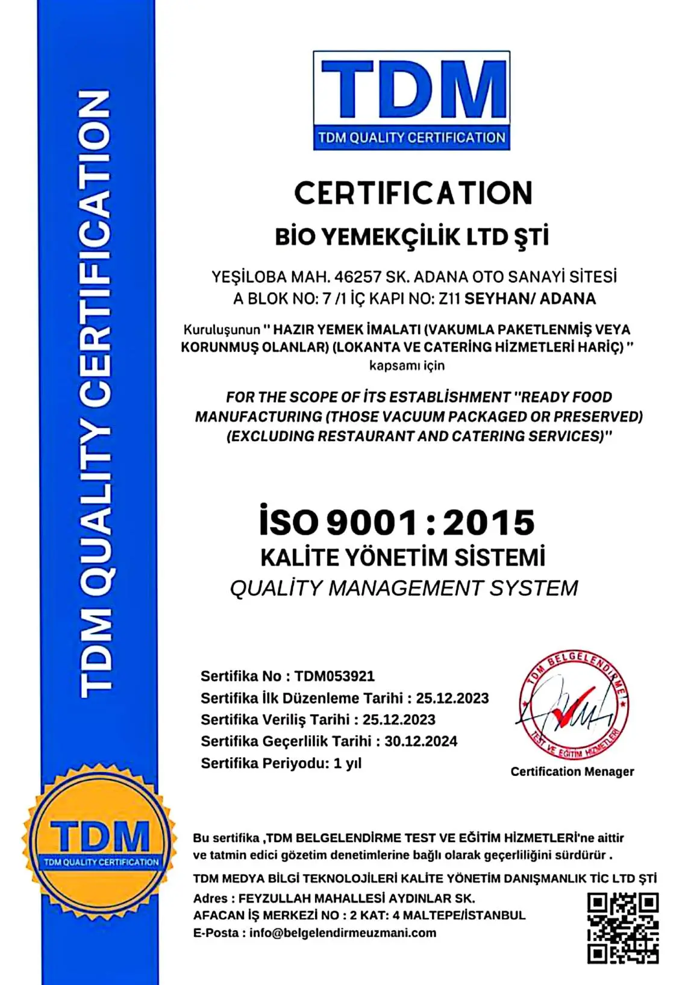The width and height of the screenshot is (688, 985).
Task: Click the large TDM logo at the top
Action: click(411, 99)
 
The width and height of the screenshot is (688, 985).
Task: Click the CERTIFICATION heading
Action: click(413, 194)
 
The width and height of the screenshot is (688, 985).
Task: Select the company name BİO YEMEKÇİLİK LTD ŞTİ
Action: click(412, 237)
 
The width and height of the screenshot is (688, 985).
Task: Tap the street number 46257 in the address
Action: click(358, 277)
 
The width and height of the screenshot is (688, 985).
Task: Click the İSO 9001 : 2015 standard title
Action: click(397, 523)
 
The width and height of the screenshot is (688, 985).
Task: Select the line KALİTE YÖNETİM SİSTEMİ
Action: click(402, 558)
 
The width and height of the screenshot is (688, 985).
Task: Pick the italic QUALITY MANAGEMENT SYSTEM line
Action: click(404, 588)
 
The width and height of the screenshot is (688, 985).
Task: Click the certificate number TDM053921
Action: click(334, 676)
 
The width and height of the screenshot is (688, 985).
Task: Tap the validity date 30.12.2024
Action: click(421, 741)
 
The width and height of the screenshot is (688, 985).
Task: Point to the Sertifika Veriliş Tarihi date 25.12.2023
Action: click(399, 720)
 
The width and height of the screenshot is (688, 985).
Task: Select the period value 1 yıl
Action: click(347, 764)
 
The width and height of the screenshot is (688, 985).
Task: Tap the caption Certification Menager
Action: click(572, 772)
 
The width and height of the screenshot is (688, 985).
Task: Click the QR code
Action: click(623, 928)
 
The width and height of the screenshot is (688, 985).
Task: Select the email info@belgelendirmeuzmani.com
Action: click(343, 933)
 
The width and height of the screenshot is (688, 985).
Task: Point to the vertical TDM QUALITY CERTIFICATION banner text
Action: click(96, 395)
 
